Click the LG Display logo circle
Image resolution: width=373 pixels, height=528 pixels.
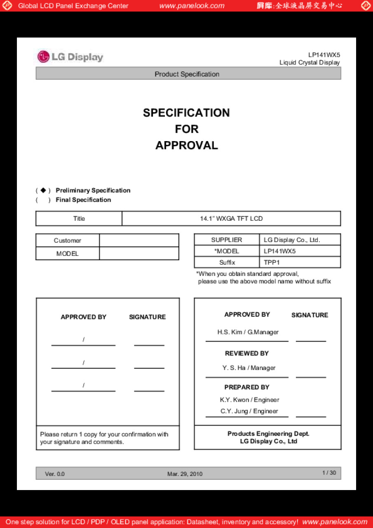43,57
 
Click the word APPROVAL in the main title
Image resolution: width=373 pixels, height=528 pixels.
186,145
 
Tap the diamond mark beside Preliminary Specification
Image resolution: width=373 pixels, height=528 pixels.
43,190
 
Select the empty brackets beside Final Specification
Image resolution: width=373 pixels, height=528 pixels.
43,200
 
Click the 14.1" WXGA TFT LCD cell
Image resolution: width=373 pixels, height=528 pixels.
231,219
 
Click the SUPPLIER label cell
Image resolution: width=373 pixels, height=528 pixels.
227,240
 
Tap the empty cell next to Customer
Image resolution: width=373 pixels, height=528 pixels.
139,240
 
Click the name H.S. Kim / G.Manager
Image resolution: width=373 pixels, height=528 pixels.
248,332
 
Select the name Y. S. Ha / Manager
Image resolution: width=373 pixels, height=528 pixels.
249,368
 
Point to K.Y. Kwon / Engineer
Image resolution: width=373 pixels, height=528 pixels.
249,400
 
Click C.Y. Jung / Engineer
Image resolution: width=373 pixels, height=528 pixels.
249,411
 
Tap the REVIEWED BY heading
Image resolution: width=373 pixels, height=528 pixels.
246,354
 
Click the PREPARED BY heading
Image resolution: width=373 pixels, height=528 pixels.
246,387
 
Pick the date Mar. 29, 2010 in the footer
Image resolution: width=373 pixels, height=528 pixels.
185,474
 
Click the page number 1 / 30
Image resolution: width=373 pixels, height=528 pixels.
329,473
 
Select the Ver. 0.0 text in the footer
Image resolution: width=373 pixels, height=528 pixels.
55,474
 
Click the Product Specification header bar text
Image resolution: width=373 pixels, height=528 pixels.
187,74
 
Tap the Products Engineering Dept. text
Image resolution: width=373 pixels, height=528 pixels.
268,434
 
